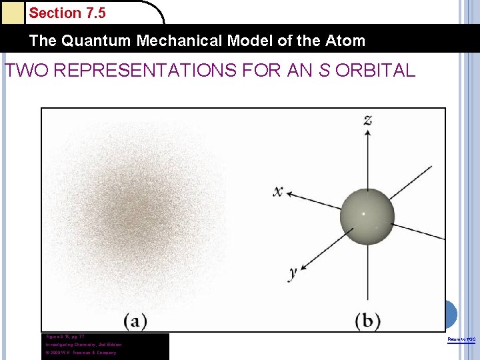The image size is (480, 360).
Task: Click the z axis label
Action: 367,120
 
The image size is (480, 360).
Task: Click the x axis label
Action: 278,192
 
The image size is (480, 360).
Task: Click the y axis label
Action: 293,272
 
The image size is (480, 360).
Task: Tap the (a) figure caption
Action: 135,321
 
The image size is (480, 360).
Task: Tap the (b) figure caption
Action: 367,321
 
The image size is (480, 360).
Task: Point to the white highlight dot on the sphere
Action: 363,214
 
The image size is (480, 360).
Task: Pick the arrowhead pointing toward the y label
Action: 302,266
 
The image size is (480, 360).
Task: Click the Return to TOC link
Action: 461,340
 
